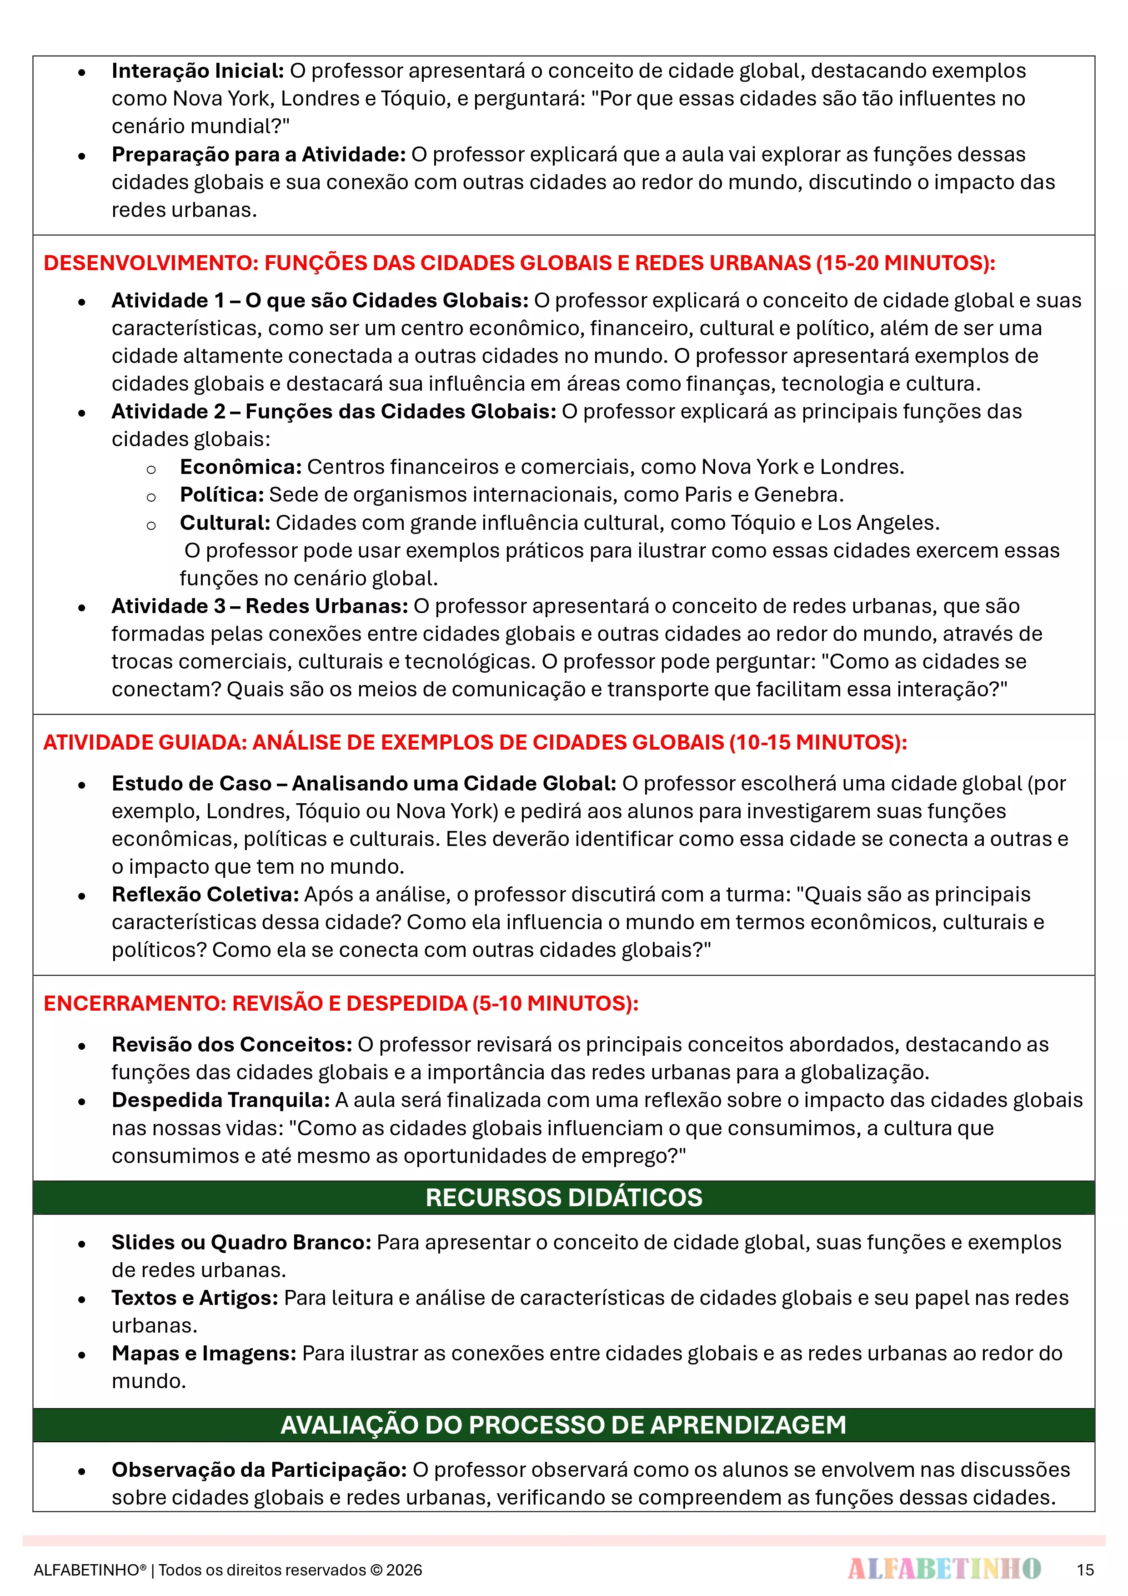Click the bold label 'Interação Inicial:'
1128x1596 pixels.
pyautogui.click(x=197, y=71)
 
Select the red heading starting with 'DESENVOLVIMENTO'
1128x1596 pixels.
pyautogui.click(x=519, y=263)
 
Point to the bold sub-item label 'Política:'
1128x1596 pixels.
pyautogui.click(x=222, y=495)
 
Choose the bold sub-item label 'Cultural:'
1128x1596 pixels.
pyautogui.click(x=225, y=523)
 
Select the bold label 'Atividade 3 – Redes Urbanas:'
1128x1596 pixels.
pyautogui.click(x=259, y=606)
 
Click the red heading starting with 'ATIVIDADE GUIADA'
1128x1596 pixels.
pyautogui.click(x=475, y=742)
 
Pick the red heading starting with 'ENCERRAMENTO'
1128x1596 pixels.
pyautogui.click(x=341, y=1004)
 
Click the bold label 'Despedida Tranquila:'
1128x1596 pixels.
pyautogui.click(x=221, y=1100)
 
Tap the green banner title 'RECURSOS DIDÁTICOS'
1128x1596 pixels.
pyautogui.click(x=564, y=1198)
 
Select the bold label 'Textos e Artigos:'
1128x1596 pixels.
pyautogui.click(x=195, y=1298)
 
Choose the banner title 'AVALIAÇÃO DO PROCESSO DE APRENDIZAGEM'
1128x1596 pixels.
pyautogui.click(x=564, y=1425)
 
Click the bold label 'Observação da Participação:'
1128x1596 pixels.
pyautogui.click(x=259, y=1470)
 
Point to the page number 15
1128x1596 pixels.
pyautogui.click(x=1085, y=1570)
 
